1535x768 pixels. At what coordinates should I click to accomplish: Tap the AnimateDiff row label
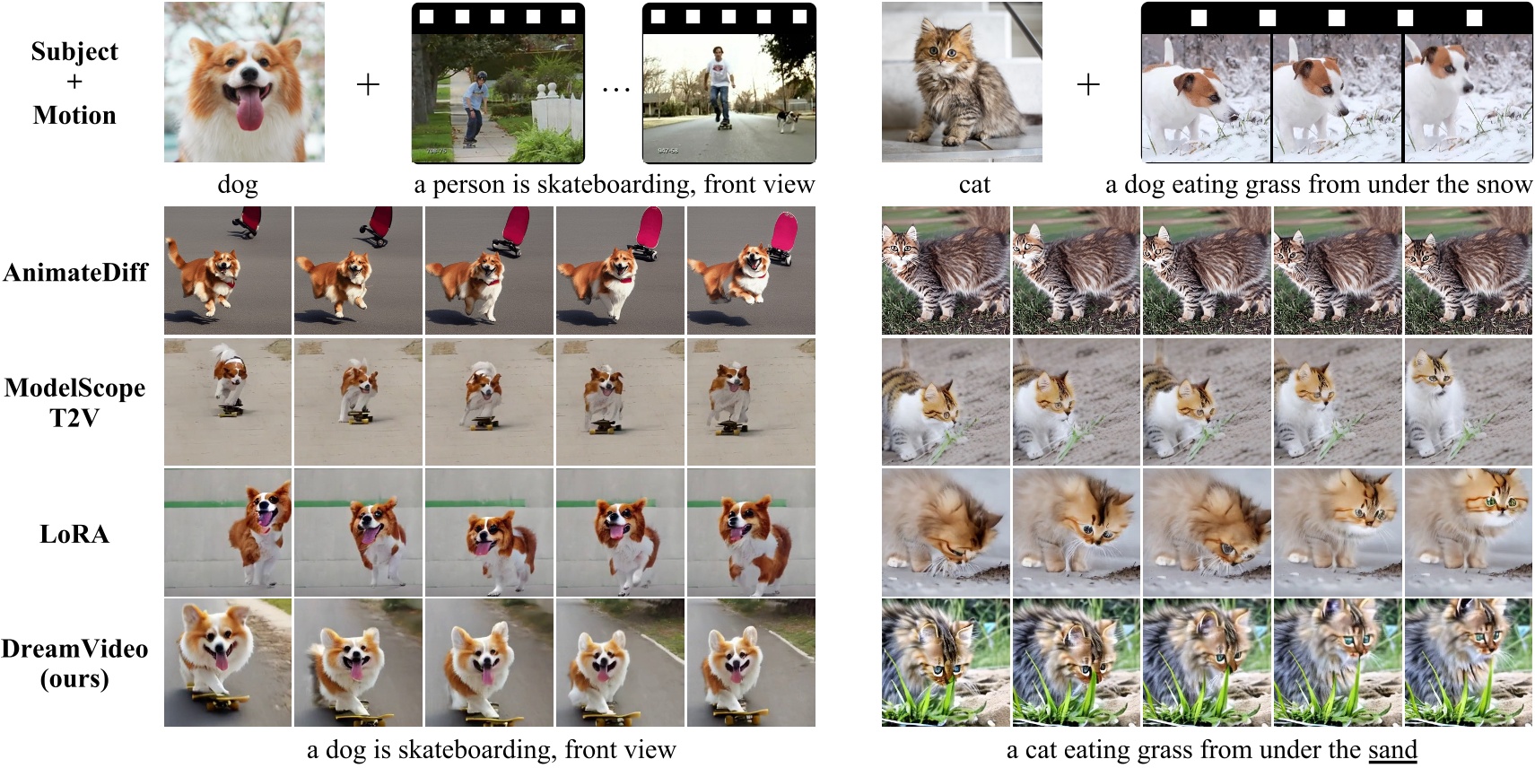pyautogui.click(x=75, y=273)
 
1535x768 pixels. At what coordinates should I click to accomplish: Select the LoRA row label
pyautogui.click(x=74, y=534)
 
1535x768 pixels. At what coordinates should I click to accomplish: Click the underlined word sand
pyautogui.click(x=1392, y=749)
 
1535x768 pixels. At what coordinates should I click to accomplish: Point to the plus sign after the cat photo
pyautogui.click(x=1088, y=85)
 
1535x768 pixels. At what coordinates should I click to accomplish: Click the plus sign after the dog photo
pyautogui.click(x=368, y=85)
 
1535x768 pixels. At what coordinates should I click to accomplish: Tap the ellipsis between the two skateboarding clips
pyautogui.click(x=615, y=89)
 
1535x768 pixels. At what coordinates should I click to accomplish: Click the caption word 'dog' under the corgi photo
pyautogui.click(x=238, y=185)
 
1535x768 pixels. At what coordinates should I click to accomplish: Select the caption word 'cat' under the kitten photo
pyautogui.click(x=974, y=185)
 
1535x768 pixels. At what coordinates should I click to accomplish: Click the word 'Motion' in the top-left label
pyautogui.click(x=74, y=115)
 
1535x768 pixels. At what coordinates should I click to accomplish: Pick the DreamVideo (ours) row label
pyautogui.click(x=74, y=663)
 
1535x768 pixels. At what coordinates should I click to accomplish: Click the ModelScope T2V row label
pyautogui.click(x=74, y=402)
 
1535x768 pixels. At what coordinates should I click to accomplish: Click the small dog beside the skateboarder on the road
pyautogui.click(x=788, y=120)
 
